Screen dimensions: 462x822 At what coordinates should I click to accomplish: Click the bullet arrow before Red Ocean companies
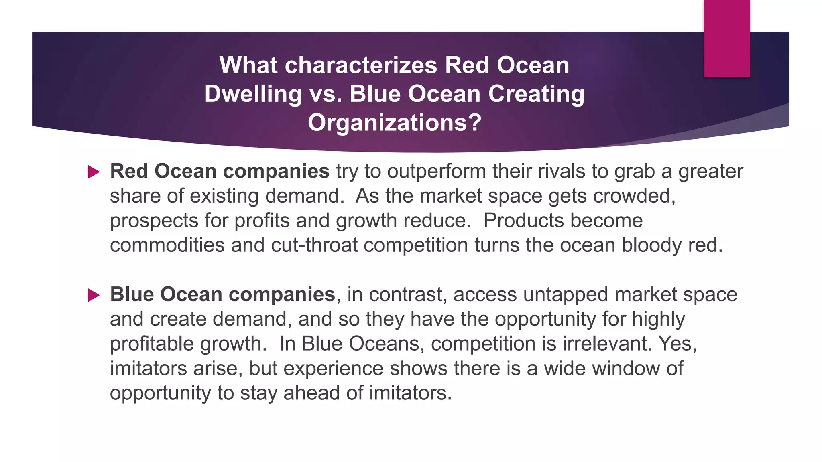click(x=94, y=172)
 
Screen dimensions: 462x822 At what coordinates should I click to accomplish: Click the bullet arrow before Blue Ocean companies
click(x=94, y=296)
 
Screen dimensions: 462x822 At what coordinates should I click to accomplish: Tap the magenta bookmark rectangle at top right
click(x=726, y=38)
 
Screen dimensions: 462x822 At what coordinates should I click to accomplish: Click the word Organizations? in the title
click(x=394, y=123)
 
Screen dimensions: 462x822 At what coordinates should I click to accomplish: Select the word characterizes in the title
click(x=361, y=65)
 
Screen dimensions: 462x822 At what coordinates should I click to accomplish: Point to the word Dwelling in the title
click(x=253, y=94)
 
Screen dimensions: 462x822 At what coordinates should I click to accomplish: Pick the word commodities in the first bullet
click(x=167, y=245)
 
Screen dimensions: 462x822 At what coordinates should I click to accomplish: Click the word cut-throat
click(x=314, y=245)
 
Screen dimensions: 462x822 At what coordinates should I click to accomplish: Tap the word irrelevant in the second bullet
click(x=607, y=344)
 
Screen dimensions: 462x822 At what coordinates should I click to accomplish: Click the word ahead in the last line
click(x=311, y=393)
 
